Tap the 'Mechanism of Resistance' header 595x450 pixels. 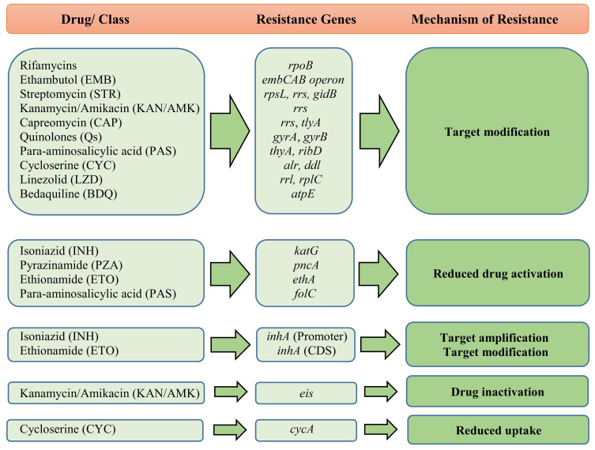coord(496,17)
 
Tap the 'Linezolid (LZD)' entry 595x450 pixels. coord(58,180)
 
